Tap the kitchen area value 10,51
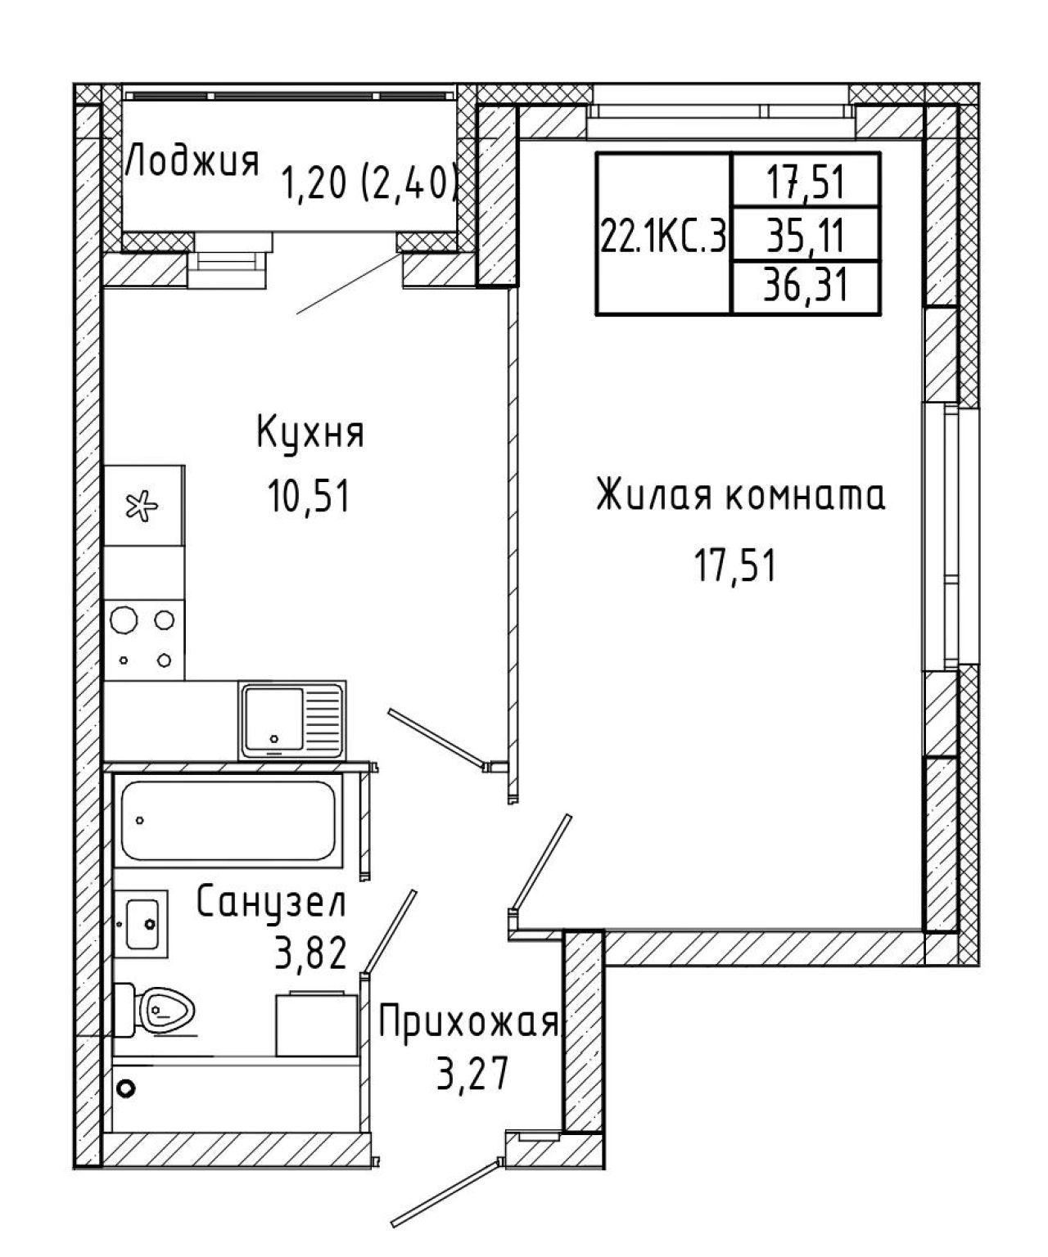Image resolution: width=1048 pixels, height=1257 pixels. tap(310, 498)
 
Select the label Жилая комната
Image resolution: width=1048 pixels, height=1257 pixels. tap(740, 495)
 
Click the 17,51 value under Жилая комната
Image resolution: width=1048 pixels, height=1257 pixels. tap(735, 565)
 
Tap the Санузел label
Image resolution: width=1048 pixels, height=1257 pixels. tap(272, 902)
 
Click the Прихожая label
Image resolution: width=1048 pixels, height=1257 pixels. tap(469, 1024)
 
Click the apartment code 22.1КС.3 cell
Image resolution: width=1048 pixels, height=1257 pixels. tap(663, 233)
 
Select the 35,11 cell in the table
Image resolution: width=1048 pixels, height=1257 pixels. tap(806, 235)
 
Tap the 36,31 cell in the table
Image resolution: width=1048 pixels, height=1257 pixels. tap(806, 287)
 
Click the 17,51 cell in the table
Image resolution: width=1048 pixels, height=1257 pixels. tap(806, 181)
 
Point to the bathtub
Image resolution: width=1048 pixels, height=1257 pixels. tap(228, 821)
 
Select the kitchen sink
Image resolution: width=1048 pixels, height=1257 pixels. tap(292, 721)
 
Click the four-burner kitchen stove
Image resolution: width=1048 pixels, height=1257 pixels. tap(144, 640)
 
